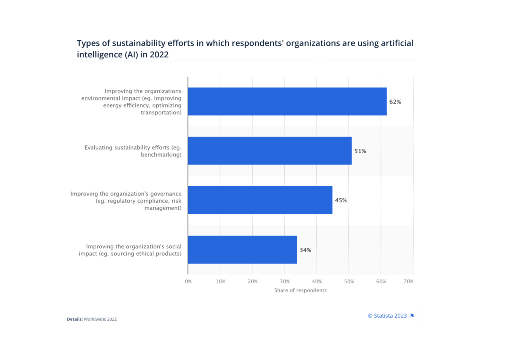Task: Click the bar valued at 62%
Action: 287,101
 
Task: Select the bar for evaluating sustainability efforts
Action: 270,151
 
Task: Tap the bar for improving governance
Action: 260,200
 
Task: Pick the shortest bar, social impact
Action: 242,249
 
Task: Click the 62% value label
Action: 395,102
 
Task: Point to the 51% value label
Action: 360,151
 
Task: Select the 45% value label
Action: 341,200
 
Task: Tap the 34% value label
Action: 305,250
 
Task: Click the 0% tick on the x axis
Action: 188,282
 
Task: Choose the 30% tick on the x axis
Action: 284,282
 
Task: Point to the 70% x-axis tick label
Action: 408,282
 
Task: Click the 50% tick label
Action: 349,282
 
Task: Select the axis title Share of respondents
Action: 300,291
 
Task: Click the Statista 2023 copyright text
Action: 387,316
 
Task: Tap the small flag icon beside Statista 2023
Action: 412,316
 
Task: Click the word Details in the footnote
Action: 75,319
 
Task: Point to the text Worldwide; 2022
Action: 101,319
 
